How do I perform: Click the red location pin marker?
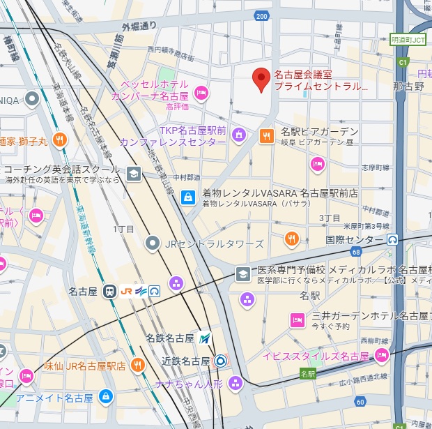pyautogui.click(x=261, y=80)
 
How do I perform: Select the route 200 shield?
pyautogui.click(x=261, y=15)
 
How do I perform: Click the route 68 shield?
pyautogui.click(x=356, y=251)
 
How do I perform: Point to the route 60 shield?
pyautogui.click(x=360, y=401)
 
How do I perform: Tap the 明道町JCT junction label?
pyautogui.click(x=408, y=40)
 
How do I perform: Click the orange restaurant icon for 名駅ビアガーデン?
pyautogui.click(x=266, y=136)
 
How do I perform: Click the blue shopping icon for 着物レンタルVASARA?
pyautogui.click(x=187, y=197)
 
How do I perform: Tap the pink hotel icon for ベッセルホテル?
pyautogui.click(x=201, y=93)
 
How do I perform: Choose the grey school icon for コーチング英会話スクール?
pyautogui.click(x=133, y=173)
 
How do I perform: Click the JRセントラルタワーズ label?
pyautogui.click(x=214, y=243)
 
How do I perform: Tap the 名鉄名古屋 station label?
pyautogui.click(x=170, y=338)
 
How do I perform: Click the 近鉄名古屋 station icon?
pyautogui.click(x=220, y=361)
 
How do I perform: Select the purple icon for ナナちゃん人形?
pyautogui.click(x=236, y=382)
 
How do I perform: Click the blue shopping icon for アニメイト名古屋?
pyautogui.click(x=105, y=398)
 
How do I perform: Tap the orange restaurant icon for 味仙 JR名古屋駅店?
pyautogui.click(x=137, y=365)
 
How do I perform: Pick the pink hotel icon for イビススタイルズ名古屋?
pyautogui.click(x=380, y=356)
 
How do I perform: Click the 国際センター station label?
pyautogui.click(x=355, y=239)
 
